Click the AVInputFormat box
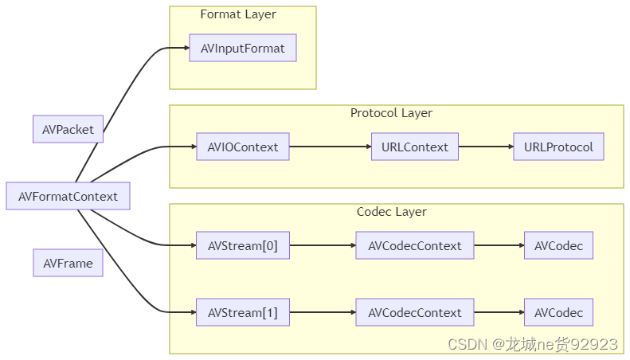pyautogui.click(x=242, y=49)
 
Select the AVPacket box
pyautogui.click(x=68, y=129)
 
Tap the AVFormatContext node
pyautogui.click(x=68, y=196)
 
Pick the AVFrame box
pyautogui.click(x=68, y=264)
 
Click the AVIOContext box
pyautogui.click(x=242, y=147)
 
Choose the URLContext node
pyautogui.click(x=414, y=147)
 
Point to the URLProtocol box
pyautogui.click(x=558, y=147)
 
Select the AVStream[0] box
pyautogui.click(x=242, y=246)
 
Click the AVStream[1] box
pyautogui.click(x=242, y=313)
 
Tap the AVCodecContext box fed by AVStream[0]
pyautogui.click(x=414, y=246)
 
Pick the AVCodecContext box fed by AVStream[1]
pyautogui.click(x=414, y=313)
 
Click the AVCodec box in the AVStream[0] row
pyautogui.click(x=558, y=246)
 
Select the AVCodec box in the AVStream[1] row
pyautogui.click(x=558, y=313)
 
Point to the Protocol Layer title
pyautogui.click(x=391, y=113)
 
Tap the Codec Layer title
pyautogui.click(x=391, y=212)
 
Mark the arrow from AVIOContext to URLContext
pyautogui.click(x=330, y=147)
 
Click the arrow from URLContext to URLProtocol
pyautogui.click(x=485, y=147)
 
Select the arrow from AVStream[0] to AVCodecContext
pyautogui.click(x=322, y=246)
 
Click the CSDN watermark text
pyautogui.click(x=532, y=344)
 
